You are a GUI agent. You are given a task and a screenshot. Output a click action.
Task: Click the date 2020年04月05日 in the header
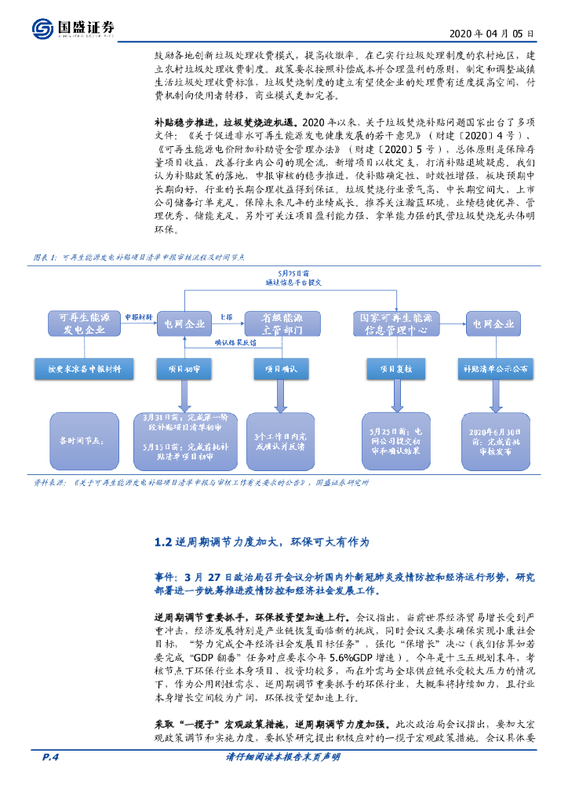(x=493, y=34)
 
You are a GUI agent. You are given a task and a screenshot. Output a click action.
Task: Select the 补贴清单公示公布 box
(x=495, y=369)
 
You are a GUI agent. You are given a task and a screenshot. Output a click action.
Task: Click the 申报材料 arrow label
(x=138, y=316)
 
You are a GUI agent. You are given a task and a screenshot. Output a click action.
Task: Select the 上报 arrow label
(x=226, y=316)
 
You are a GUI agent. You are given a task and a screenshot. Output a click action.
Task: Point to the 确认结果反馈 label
(x=236, y=342)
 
